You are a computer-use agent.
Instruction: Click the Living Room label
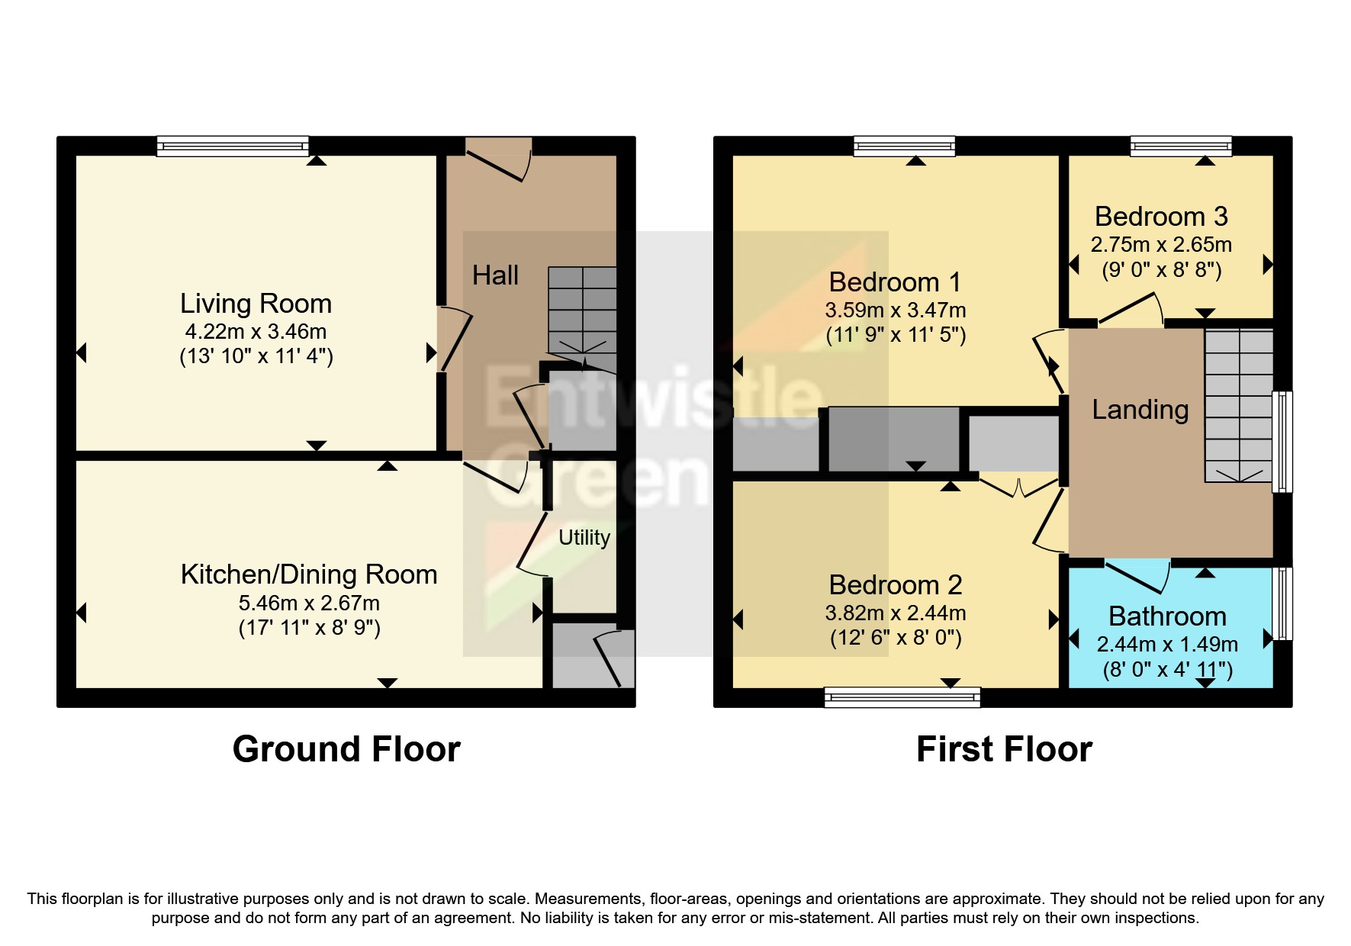click(256, 304)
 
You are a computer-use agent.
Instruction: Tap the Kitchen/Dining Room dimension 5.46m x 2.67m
click(309, 603)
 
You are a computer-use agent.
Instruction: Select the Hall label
click(495, 275)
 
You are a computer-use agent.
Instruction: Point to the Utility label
click(584, 538)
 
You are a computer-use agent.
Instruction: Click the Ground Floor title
click(346, 749)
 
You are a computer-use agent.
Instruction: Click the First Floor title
click(1004, 749)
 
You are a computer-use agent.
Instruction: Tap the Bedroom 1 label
click(895, 282)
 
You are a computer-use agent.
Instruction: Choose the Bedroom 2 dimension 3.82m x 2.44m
click(896, 613)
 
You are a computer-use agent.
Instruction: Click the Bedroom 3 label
click(1161, 217)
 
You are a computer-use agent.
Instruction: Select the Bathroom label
click(1167, 616)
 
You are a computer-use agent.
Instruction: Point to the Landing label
click(1140, 410)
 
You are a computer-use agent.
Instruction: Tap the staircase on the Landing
click(1239, 405)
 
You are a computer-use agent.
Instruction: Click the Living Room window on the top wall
click(233, 146)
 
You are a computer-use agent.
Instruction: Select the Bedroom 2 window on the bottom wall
click(902, 697)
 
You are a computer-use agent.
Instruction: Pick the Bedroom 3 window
click(1181, 146)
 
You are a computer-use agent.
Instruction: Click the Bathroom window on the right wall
click(1283, 603)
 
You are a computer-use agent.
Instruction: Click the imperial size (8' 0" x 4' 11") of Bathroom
click(1167, 670)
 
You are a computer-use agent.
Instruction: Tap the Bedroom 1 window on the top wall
click(905, 146)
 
